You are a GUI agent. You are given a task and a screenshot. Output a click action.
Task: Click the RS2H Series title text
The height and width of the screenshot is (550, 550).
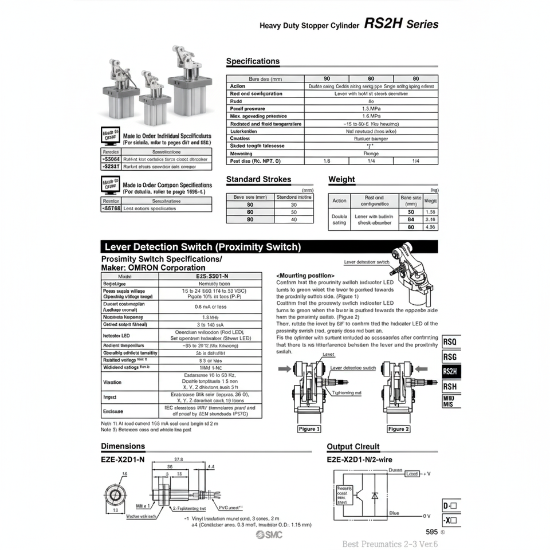[x=401, y=24]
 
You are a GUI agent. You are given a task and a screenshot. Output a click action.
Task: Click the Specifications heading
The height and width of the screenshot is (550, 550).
[x=253, y=61]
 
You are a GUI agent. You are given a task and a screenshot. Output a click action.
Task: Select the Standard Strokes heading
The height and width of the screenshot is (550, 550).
[x=258, y=179]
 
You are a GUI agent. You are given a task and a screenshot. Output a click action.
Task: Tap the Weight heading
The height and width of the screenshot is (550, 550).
[x=341, y=179]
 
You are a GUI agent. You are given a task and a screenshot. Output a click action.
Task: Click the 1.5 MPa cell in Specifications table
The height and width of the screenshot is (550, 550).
[x=371, y=108]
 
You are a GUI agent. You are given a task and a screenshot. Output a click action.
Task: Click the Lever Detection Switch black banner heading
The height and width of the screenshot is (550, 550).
[x=202, y=247]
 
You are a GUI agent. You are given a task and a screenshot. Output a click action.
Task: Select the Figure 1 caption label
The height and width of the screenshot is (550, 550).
[x=309, y=429]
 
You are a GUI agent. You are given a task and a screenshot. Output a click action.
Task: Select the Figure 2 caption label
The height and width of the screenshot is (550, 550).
[x=399, y=429]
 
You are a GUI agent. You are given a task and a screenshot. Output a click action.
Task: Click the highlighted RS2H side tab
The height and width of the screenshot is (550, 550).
[x=450, y=371]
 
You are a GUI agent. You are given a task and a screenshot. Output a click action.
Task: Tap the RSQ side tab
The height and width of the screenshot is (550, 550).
[x=450, y=342]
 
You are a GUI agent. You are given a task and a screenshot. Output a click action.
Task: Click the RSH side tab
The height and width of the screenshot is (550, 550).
[x=450, y=386]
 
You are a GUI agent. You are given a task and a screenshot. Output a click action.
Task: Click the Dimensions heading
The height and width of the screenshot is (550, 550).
[x=123, y=446]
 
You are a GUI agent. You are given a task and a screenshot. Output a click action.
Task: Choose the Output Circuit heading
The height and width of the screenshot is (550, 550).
[x=353, y=447]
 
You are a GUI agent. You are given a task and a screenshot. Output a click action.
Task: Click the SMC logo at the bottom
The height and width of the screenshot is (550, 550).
[x=269, y=535]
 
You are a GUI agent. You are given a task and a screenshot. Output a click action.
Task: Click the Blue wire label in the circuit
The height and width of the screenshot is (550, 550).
[x=394, y=513]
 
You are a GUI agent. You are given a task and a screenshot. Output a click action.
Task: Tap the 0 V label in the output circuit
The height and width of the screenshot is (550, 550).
[x=426, y=516]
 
